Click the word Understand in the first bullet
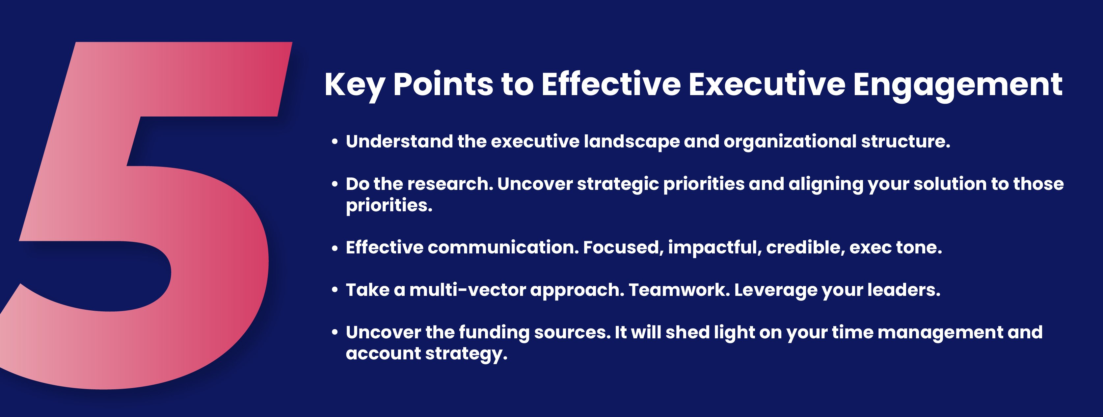pyautogui.click(x=399, y=141)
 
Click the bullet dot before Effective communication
pyautogui.click(x=335, y=248)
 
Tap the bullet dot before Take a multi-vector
pyautogui.click(x=335, y=291)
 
